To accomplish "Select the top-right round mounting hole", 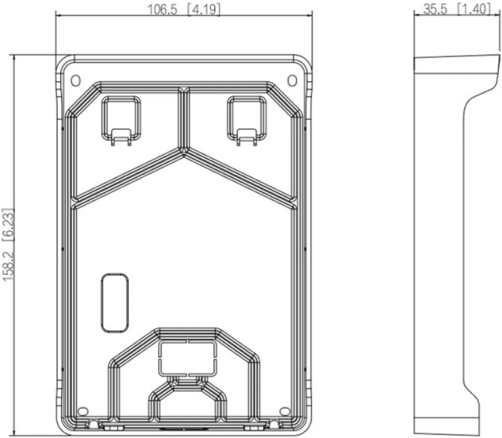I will pyautogui.click(x=292, y=80).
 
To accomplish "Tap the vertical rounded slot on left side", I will pyautogui.click(x=110, y=299).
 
